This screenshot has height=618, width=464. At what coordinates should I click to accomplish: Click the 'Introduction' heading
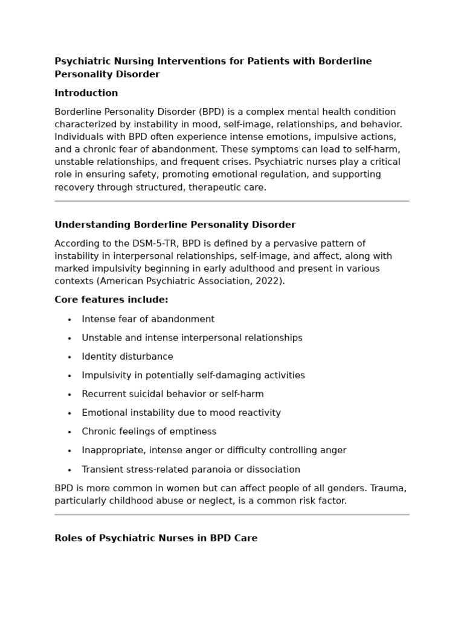[86, 93]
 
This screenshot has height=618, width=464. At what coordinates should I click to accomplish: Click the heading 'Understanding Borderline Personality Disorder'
[175, 225]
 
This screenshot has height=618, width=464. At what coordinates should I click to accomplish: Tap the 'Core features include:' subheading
[111, 300]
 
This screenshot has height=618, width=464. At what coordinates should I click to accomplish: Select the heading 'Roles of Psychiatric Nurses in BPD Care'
[156, 538]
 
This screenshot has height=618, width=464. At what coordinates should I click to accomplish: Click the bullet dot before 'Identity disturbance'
[69, 357]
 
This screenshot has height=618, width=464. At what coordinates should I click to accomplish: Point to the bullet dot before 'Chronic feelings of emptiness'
[69, 432]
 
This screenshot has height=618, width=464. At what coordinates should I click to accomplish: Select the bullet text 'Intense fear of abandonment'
[148, 319]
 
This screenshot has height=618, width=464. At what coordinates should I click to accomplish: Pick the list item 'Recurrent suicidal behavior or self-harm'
[173, 394]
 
